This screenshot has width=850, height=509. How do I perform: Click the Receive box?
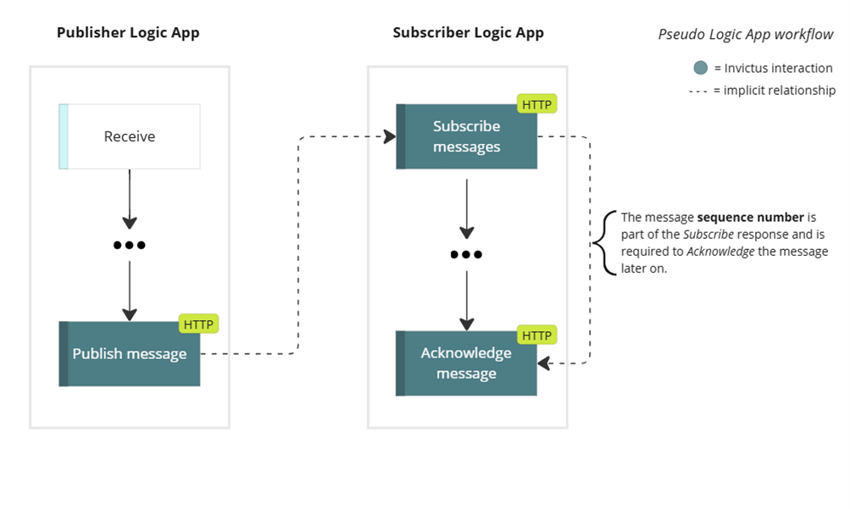point(130,136)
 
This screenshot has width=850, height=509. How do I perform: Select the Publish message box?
point(130,354)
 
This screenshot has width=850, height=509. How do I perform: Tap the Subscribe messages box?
point(467,136)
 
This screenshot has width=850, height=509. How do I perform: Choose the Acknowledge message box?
point(467,363)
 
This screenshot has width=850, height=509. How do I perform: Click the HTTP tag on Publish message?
point(199,324)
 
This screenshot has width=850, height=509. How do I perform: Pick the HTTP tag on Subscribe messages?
point(536,105)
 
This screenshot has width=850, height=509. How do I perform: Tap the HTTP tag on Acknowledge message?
point(536,335)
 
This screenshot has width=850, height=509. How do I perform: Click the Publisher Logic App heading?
point(128,33)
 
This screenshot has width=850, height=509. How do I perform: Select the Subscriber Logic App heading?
point(468,33)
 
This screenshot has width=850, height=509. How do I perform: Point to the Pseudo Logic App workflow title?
point(746,35)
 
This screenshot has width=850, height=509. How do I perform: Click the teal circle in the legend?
point(700,69)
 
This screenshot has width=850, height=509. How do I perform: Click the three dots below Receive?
point(130,246)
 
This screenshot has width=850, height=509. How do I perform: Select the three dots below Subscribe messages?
point(466,254)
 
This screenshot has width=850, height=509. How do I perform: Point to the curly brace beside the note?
point(603,242)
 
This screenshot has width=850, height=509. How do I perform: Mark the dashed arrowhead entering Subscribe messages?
point(391,136)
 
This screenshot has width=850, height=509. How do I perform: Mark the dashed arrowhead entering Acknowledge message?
point(544,363)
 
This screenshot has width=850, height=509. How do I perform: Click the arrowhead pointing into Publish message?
point(130,314)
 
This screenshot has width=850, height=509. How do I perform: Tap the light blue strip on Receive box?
point(64,136)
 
